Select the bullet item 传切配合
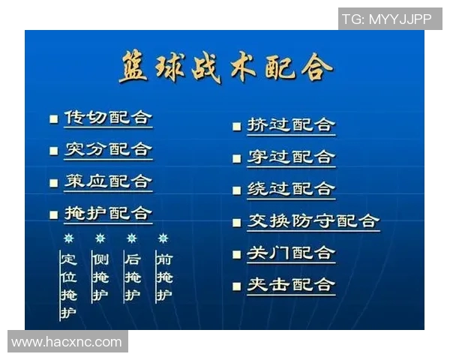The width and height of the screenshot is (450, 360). (x=107, y=118)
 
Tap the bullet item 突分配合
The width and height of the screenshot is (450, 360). (x=107, y=149)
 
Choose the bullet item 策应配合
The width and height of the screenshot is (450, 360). (x=107, y=181)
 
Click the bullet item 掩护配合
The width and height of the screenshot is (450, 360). (x=107, y=214)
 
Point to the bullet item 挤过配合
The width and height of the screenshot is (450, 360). (x=291, y=125)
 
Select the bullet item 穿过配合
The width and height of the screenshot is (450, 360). (x=291, y=157)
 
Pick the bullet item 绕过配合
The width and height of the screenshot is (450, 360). (x=291, y=189)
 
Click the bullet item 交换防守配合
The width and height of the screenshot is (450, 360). (x=313, y=221)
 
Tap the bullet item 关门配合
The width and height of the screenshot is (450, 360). (x=291, y=253)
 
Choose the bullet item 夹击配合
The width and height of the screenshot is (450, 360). (x=291, y=285)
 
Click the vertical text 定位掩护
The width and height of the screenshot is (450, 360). (x=68, y=286)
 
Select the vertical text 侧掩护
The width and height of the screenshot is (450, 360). (x=100, y=277)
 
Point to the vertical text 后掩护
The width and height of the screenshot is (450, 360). (x=132, y=277)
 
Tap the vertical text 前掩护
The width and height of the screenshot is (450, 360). (x=163, y=277)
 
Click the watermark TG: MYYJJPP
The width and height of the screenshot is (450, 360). (x=389, y=19)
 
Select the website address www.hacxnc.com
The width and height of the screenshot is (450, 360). (x=67, y=342)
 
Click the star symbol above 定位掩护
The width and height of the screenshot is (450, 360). (x=68, y=238)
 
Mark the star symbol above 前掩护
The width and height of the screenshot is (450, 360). (x=163, y=238)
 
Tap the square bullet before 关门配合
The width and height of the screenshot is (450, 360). (x=236, y=254)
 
